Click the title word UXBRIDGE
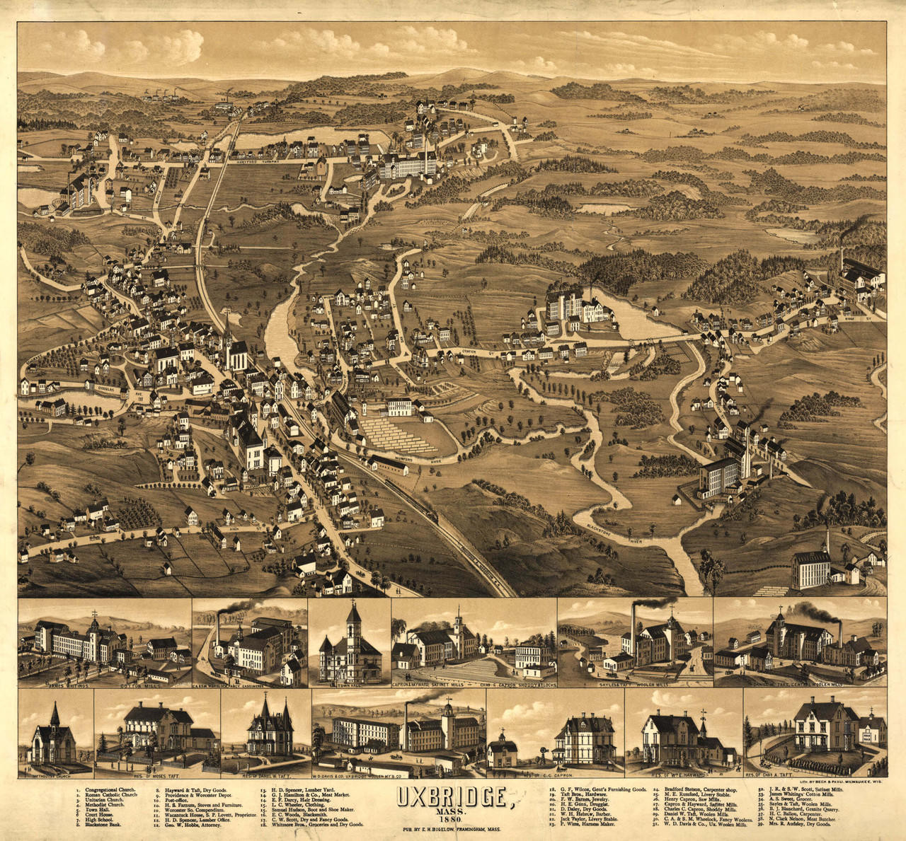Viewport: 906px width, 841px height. pos(453,797)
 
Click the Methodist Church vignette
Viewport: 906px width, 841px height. pos(53,736)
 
